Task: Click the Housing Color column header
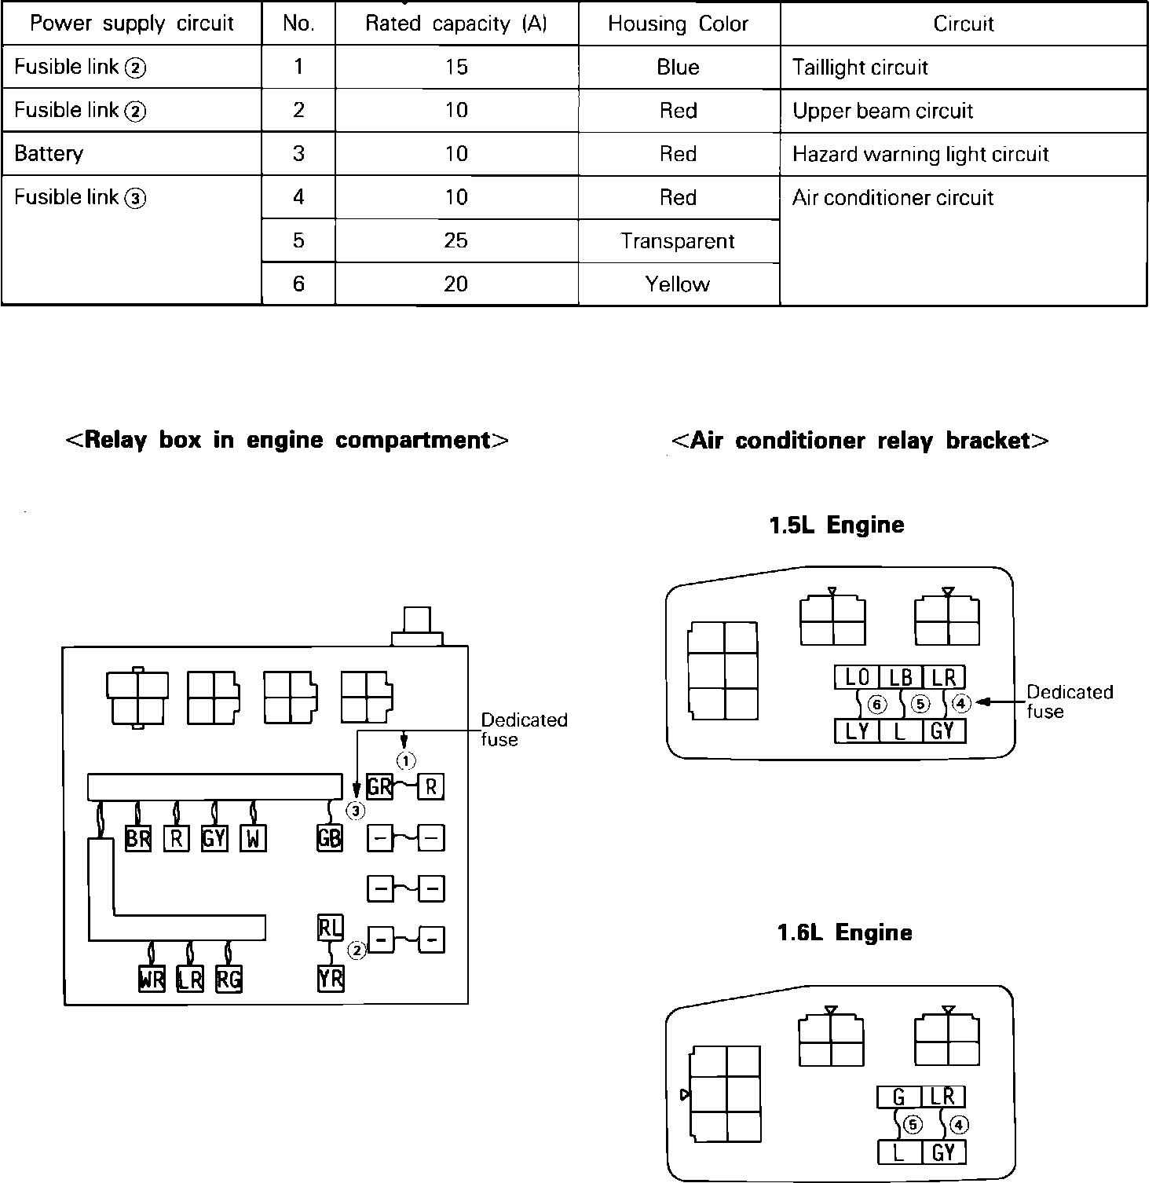678,24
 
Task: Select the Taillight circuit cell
860,68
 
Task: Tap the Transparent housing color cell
678,240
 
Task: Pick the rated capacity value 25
455,240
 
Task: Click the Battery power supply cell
49,153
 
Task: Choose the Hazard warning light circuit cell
920,154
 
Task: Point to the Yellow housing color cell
678,284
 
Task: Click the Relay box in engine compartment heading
287,440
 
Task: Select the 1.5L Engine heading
836,525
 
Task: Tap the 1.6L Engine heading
844,932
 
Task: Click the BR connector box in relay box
138,839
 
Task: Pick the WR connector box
152,980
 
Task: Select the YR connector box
331,979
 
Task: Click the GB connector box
329,838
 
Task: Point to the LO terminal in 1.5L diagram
857,677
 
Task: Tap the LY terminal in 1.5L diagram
857,731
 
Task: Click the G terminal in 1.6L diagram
899,1097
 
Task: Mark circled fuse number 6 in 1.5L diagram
877,705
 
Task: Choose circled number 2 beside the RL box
357,950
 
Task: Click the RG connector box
229,980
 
